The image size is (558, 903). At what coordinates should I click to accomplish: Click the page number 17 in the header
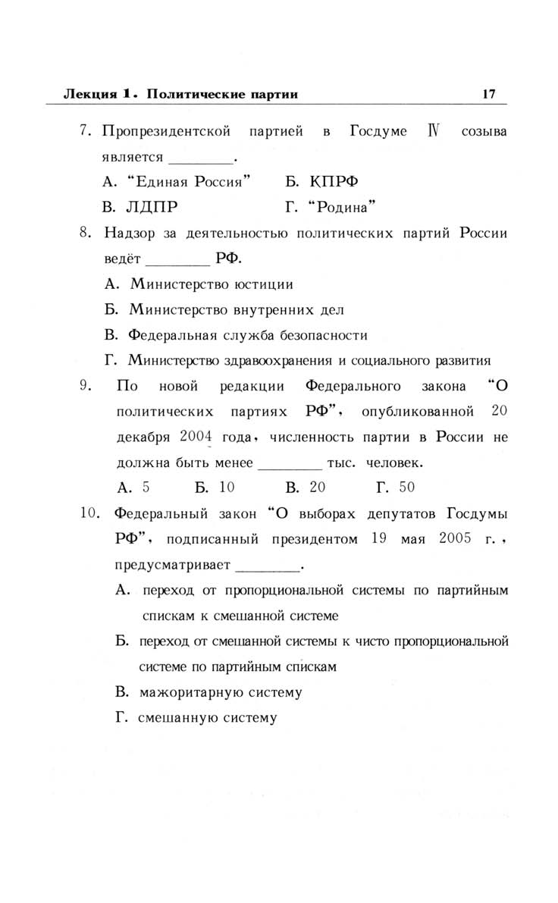click(487, 94)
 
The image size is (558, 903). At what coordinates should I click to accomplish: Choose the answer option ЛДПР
click(154, 206)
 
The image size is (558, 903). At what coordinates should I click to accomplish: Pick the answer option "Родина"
click(341, 206)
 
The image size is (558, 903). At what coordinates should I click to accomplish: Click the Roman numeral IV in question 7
click(434, 132)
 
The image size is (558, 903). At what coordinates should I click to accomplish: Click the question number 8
click(85, 232)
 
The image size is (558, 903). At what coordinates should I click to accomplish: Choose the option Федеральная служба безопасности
click(248, 334)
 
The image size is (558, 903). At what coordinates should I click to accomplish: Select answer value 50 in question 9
click(406, 488)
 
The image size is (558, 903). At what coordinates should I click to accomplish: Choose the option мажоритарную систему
click(221, 692)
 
